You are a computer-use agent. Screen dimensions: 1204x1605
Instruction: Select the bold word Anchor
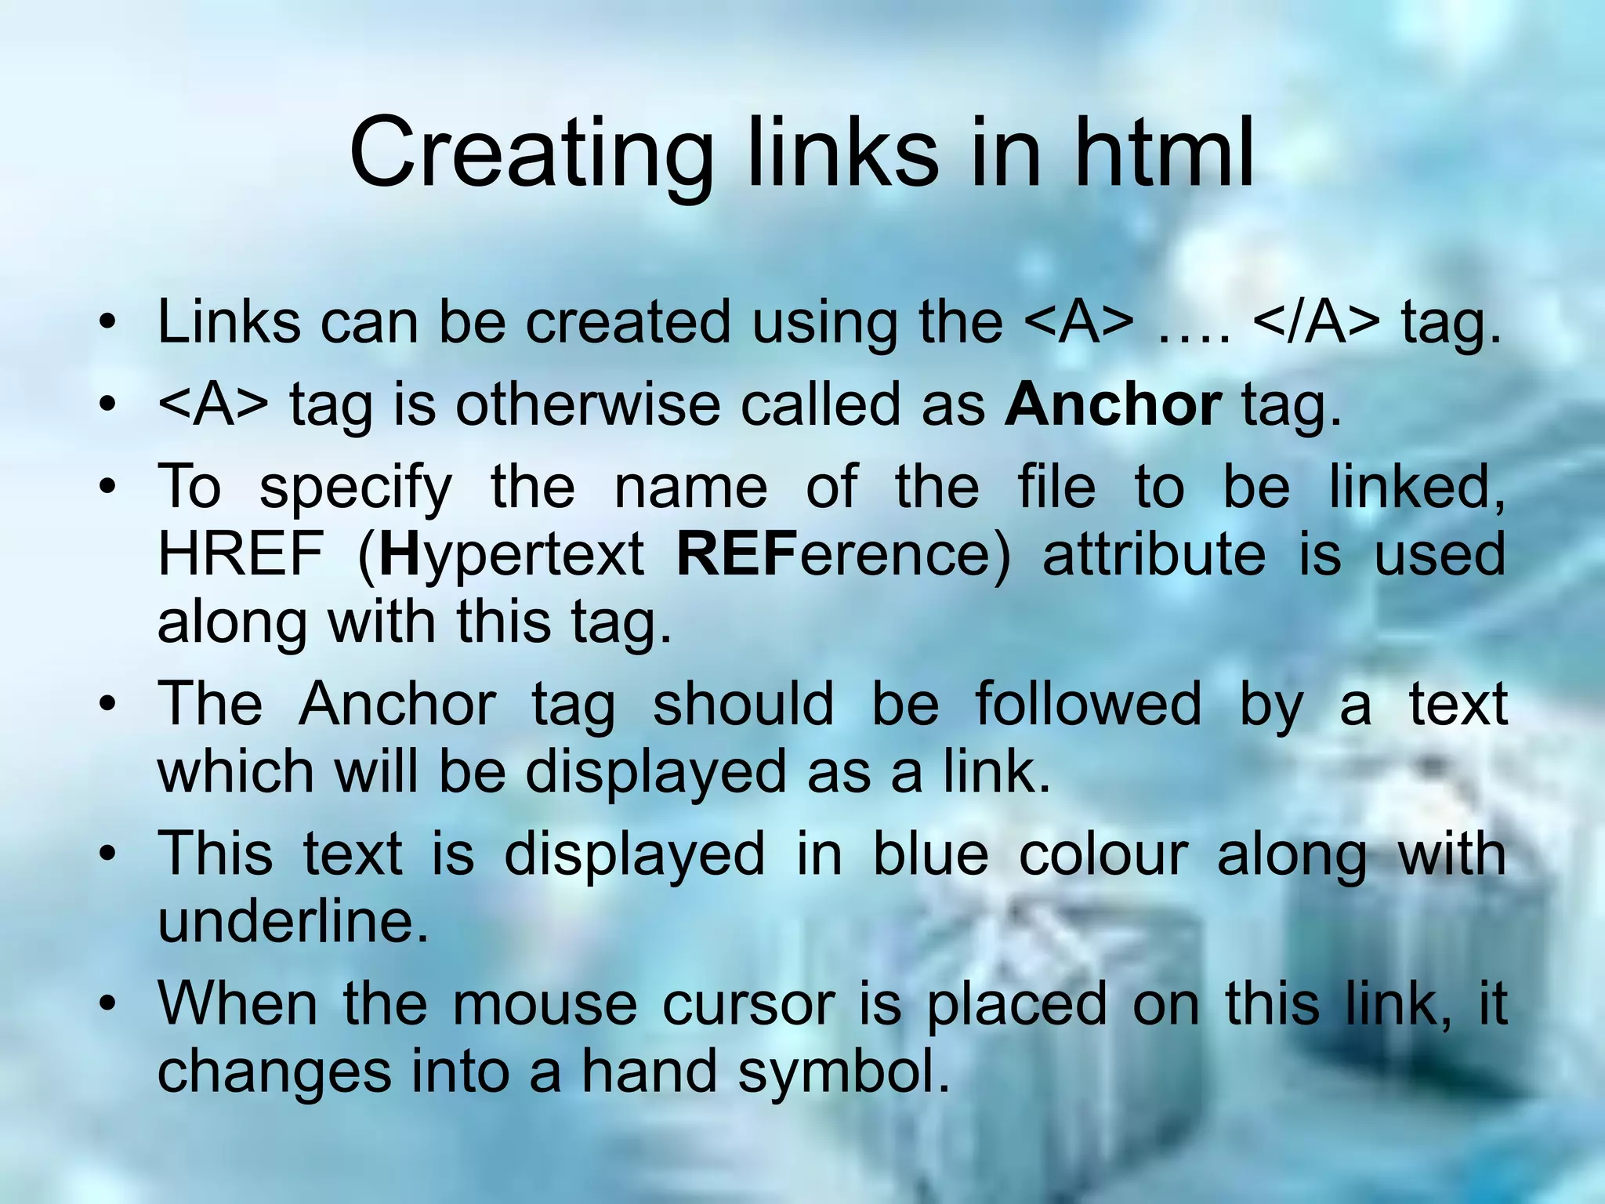[x=1113, y=404]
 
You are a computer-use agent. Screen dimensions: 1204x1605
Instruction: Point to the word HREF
[x=241, y=553]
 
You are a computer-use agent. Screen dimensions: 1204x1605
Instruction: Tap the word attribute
[x=1154, y=553]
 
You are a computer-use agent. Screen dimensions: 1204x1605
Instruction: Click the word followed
[x=1088, y=703]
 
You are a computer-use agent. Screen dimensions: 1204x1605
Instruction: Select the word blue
[x=930, y=853]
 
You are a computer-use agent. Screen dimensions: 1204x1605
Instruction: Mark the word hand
[x=649, y=1071]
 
